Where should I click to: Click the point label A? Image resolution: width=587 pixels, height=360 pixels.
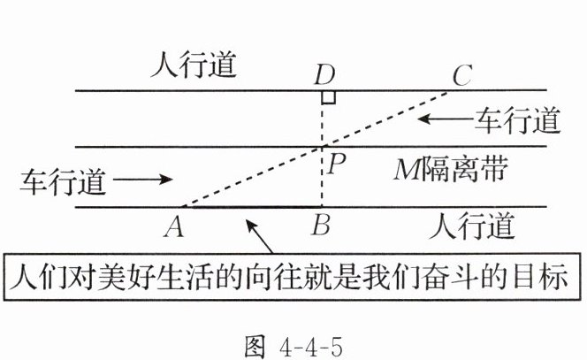click(174, 228)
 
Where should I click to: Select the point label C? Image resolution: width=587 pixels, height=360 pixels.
click(461, 75)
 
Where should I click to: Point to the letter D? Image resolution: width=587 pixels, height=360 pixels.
click(324, 75)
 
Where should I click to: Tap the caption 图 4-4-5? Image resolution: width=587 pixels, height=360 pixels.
click(293, 341)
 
